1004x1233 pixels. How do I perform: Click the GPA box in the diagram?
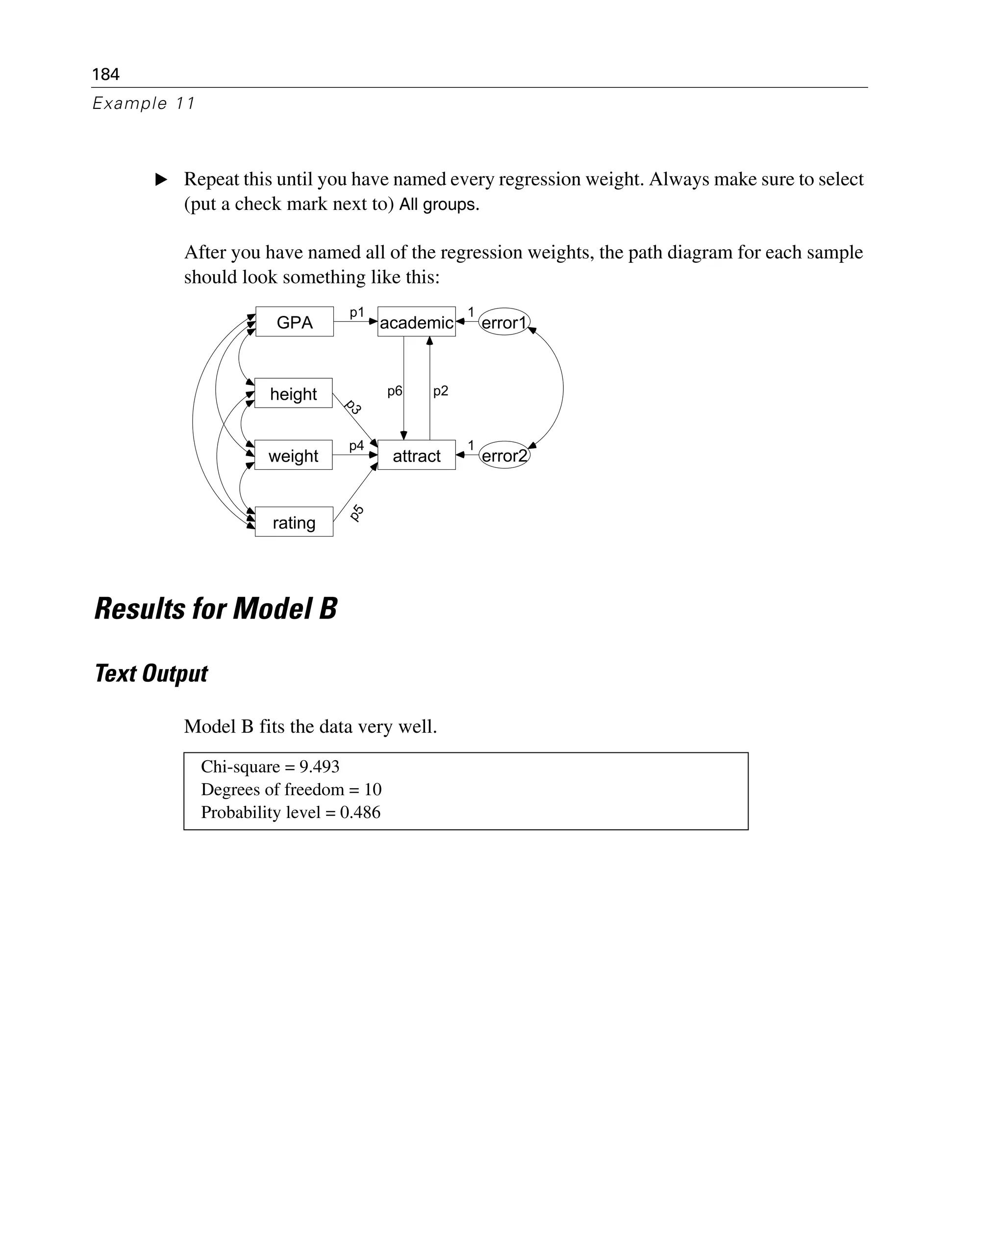tap(294, 322)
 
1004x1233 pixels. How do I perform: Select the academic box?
tap(416, 322)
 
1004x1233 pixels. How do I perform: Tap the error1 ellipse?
tap(504, 322)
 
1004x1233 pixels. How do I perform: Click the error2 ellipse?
tap(504, 455)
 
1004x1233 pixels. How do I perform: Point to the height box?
tap(293, 393)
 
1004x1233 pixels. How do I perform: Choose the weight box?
tap(293, 455)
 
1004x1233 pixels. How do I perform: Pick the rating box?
tap(294, 522)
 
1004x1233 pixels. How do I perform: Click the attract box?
tap(416, 455)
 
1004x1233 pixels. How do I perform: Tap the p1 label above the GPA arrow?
tap(357, 312)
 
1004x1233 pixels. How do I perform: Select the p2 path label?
tap(441, 391)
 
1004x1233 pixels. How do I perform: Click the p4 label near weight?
tap(356, 445)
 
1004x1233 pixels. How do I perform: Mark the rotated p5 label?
tap(357, 512)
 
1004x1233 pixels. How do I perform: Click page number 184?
tap(106, 74)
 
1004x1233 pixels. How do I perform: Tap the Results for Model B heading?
tap(216, 608)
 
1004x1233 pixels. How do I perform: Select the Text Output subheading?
tap(151, 673)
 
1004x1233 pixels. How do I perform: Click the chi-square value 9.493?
tap(319, 767)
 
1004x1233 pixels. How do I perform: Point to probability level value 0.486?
tap(360, 812)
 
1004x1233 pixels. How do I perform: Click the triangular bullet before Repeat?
tap(161, 180)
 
